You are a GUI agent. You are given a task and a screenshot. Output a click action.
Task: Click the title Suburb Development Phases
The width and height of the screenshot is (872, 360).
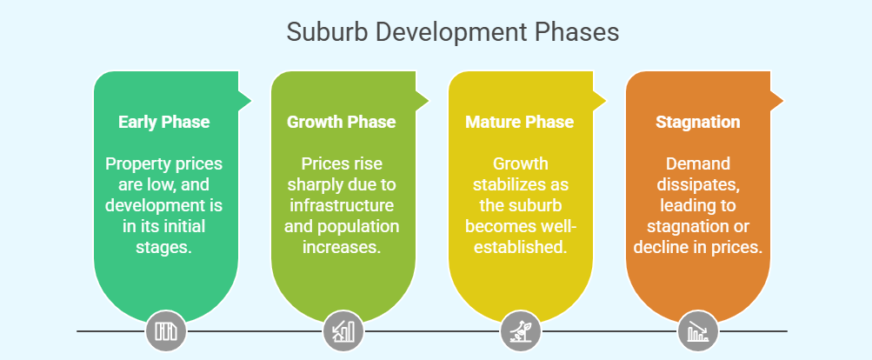pos(452,32)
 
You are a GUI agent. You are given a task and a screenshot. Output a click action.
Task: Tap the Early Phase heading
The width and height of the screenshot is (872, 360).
pos(164,122)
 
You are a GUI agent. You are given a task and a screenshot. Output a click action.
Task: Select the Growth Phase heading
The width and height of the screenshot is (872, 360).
pos(342,122)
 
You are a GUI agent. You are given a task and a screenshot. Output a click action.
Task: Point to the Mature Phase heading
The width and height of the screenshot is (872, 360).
pos(519,122)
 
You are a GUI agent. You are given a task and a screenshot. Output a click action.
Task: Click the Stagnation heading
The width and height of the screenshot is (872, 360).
pos(697,122)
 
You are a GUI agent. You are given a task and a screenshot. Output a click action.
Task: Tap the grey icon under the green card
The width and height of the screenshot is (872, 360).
pos(166,331)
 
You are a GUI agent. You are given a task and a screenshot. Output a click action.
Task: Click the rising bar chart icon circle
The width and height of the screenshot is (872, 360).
pos(343,331)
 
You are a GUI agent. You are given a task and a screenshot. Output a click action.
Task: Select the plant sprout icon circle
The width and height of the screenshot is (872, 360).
pos(521,331)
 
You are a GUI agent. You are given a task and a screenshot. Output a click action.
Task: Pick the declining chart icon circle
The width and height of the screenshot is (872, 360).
pos(698,331)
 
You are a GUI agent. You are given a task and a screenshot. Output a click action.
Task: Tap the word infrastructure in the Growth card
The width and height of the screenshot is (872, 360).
pos(342,206)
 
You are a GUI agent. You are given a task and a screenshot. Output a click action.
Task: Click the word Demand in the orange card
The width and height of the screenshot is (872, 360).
pos(697,164)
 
